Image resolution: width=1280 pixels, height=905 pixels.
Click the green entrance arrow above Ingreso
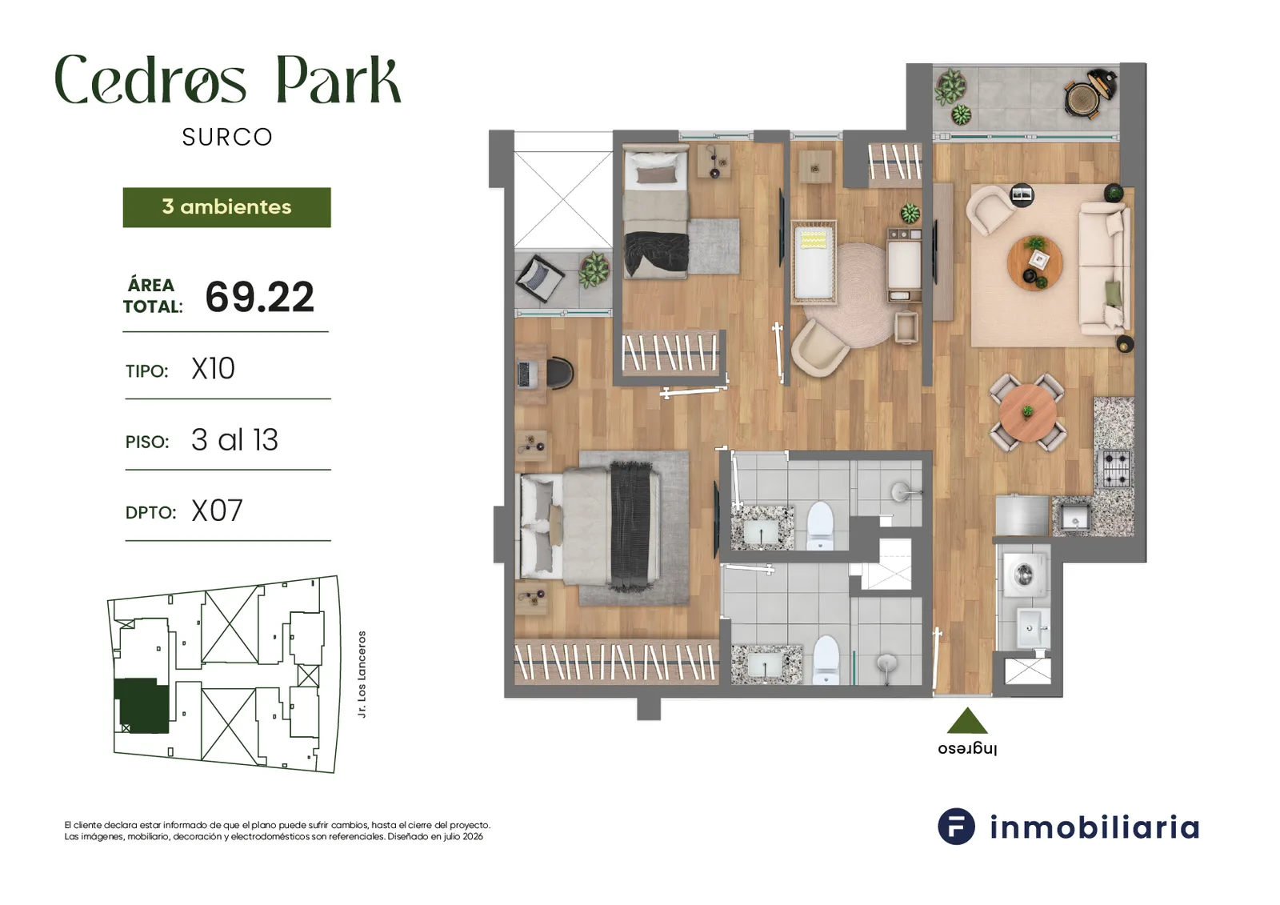[x=967, y=722]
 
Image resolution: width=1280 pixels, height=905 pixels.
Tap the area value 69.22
[x=259, y=298]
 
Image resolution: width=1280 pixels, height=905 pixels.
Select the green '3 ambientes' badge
[x=227, y=207]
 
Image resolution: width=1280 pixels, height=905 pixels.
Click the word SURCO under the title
[x=227, y=137]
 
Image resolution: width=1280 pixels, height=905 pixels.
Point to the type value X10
[x=213, y=369]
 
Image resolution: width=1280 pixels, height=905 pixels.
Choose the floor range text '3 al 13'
[x=234, y=439]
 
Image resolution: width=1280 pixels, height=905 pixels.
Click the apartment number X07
[x=217, y=511]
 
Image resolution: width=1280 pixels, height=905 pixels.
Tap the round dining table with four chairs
[x=1027, y=412]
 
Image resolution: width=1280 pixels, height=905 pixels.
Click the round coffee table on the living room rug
[x=1035, y=263]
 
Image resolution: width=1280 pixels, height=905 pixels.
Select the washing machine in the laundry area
[x=1025, y=574]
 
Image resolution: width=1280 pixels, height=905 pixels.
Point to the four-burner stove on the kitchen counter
[x=1115, y=469]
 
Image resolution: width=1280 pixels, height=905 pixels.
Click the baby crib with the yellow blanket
[x=814, y=262]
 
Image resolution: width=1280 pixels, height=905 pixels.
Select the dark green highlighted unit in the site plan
[x=142, y=706]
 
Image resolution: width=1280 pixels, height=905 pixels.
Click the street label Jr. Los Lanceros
[x=362, y=674]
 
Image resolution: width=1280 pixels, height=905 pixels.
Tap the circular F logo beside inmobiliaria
[x=956, y=826]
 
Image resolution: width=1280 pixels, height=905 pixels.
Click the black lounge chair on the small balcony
[x=539, y=279]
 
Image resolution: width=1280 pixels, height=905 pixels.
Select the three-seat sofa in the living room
[x=1105, y=270]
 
